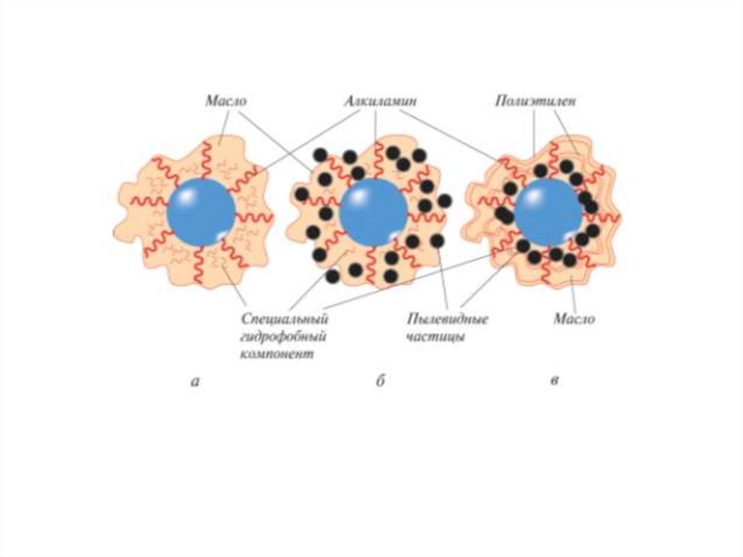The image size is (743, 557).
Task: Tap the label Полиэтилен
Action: coord(536,102)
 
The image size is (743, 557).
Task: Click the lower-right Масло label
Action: coord(574,319)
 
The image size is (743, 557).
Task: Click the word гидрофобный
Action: coord(284,337)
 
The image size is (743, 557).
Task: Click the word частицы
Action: coord(436,337)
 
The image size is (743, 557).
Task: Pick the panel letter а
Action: coord(194,380)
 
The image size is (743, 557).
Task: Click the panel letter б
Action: coord(379,380)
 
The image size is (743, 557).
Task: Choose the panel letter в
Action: coord(554,380)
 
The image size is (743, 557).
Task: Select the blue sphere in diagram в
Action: coord(548,213)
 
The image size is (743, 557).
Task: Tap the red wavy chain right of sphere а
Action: coord(254,217)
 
